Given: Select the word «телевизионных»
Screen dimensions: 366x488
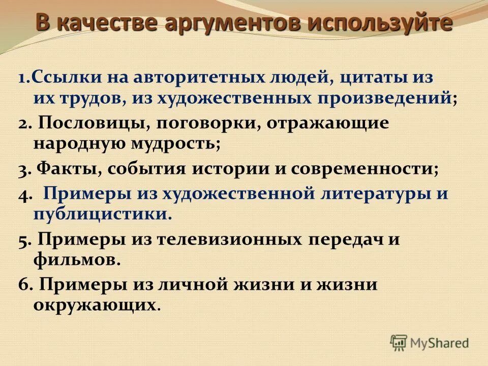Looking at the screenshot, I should click(x=236, y=239).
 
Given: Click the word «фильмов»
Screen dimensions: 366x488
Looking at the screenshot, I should click(x=77, y=259).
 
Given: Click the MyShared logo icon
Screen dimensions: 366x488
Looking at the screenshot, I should click(x=399, y=342).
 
